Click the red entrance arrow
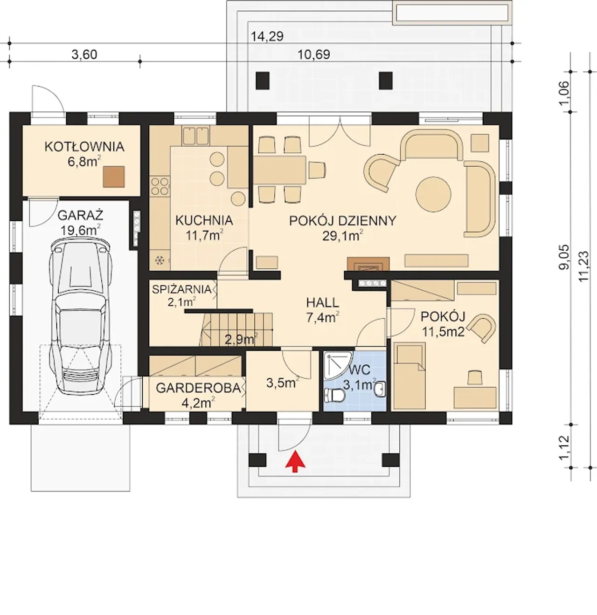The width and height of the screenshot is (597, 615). coord(295,461)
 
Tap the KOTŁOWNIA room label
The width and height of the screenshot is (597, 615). coord(84,147)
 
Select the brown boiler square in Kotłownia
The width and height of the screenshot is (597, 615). coord(114,177)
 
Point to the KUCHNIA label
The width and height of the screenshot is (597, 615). coord(204,220)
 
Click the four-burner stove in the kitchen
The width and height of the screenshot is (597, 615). coord(160,186)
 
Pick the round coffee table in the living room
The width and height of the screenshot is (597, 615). coord(433,194)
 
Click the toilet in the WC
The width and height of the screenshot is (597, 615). coord(334,395)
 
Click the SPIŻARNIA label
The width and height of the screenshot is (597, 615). coord(181,289)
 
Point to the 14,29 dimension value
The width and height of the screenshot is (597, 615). coord(267,37)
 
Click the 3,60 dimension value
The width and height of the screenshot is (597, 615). coord(84,55)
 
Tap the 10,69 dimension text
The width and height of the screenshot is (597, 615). coord(314,55)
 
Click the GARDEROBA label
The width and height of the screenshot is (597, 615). coord(198,388)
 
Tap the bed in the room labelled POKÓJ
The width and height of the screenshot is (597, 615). coord(409,376)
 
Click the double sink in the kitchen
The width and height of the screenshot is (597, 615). coord(196,136)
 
